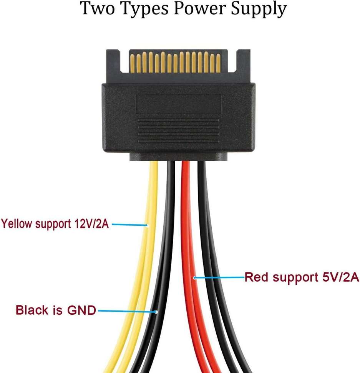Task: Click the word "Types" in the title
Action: point(144,10)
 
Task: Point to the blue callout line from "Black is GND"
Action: point(127,310)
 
